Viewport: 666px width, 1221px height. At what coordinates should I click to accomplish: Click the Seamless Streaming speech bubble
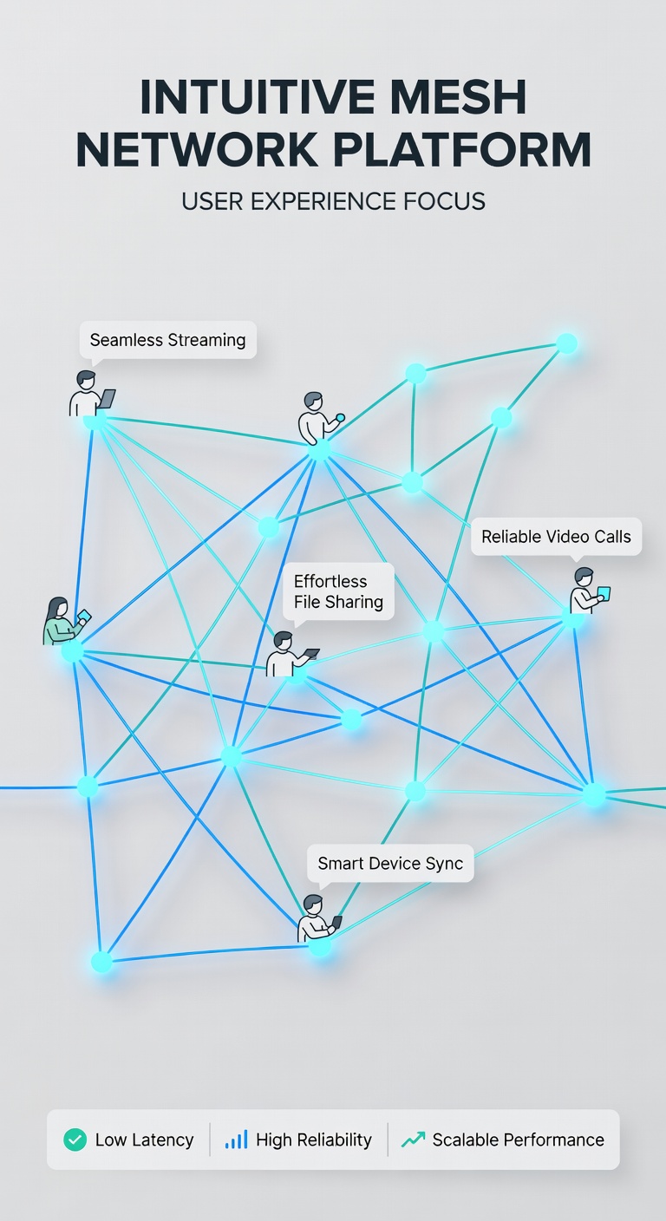(168, 340)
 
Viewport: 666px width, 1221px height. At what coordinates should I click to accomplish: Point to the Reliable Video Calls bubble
(556, 537)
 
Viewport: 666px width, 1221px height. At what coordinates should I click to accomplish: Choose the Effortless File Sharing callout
(338, 592)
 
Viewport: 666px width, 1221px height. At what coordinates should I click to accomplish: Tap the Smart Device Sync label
(390, 864)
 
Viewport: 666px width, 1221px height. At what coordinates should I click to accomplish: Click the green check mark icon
(75, 1139)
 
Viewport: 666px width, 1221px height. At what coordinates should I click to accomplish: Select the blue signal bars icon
(236, 1139)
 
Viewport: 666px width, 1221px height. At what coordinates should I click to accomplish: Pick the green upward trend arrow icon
(413, 1139)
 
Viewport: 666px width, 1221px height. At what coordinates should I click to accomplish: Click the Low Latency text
(145, 1139)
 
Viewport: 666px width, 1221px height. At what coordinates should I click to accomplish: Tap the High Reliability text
(314, 1139)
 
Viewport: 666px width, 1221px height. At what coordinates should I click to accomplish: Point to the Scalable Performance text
(519, 1139)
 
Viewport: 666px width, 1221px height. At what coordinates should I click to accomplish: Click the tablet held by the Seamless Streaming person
(108, 398)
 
